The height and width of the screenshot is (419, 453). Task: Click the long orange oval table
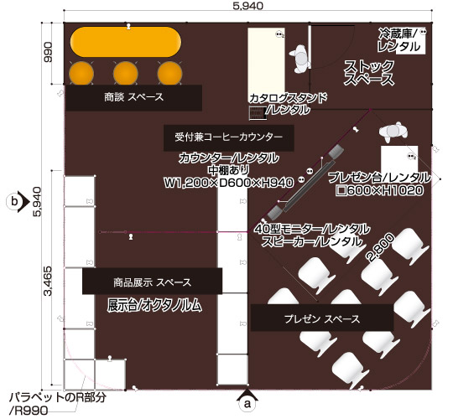coord(126,42)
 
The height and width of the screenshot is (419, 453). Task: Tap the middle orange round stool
coord(125,73)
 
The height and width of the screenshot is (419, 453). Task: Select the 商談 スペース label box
coord(133,97)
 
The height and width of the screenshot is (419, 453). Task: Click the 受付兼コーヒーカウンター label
coord(228,137)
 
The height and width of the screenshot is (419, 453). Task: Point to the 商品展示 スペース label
coord(152,282)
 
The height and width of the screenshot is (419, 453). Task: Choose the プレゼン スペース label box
coord(322,318)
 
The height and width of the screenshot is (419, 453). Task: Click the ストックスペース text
coord(369,73)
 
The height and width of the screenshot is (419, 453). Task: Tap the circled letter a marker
coord(247,403)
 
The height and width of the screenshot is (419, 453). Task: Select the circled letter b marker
coord(14,201)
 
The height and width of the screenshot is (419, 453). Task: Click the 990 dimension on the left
coord(47,52)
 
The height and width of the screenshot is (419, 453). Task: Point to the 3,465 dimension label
coord(47,281)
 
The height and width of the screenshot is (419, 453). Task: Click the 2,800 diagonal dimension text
coord(380,247)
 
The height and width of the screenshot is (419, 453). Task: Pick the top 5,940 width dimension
coord(248,6)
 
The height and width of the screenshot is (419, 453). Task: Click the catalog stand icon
coord(258,112)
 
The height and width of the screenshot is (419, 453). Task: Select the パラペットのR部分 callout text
coord(58,398)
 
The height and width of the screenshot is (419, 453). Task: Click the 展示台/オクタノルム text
coord(154,305)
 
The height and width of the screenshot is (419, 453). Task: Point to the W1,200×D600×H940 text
coord(229,182)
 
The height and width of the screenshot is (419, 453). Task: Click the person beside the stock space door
coord(300,59)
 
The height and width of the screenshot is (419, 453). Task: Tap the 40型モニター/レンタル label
coord(312,230)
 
